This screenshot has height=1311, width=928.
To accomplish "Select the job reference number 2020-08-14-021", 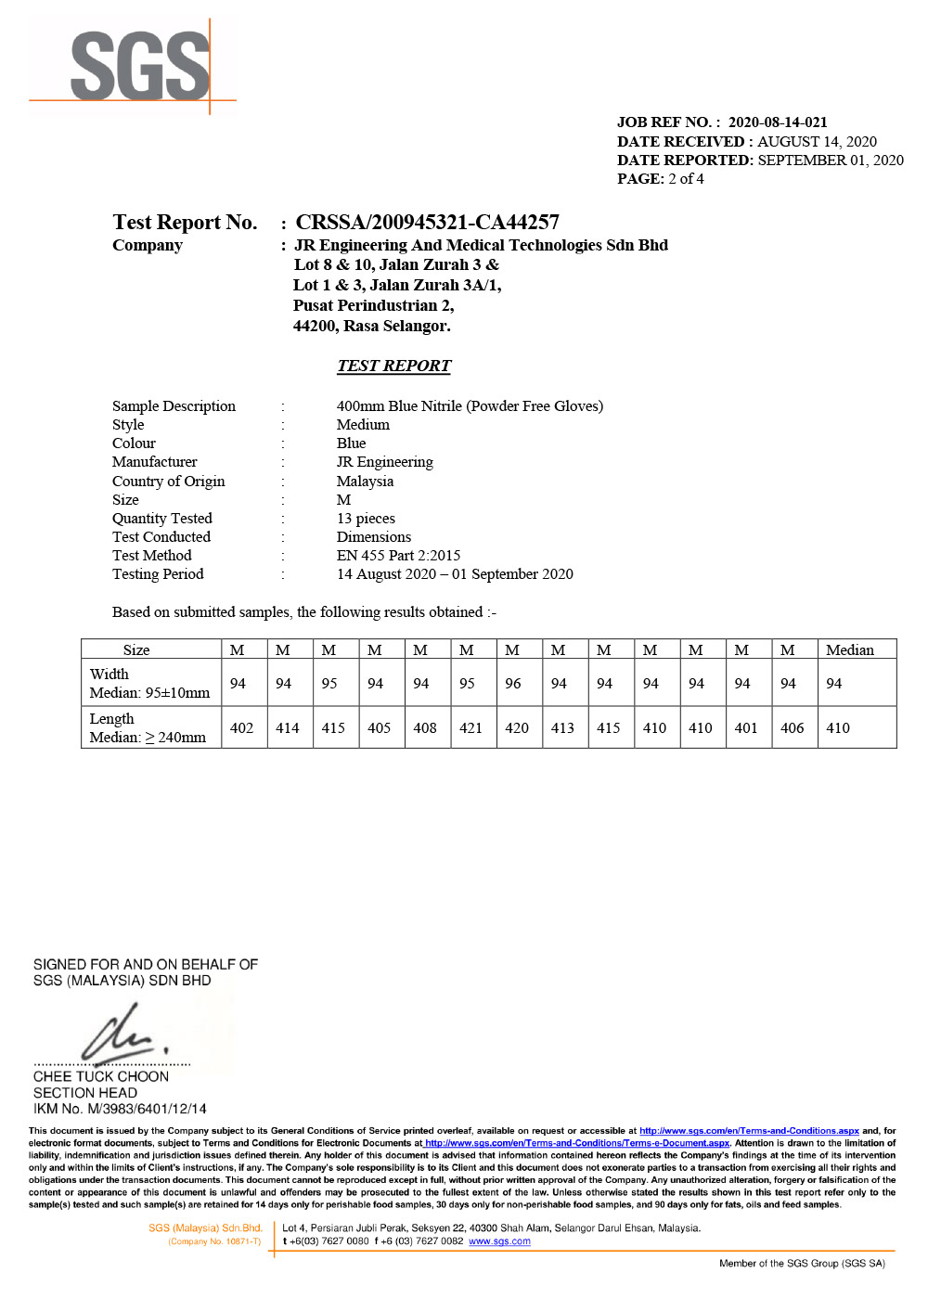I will pos(777,122).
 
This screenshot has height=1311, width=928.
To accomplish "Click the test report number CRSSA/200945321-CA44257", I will pos(427,223).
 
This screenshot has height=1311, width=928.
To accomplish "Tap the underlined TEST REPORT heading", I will pos(393,366).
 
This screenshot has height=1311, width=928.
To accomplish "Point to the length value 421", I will pos(470,728).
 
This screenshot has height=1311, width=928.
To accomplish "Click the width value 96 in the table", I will pos(513,684).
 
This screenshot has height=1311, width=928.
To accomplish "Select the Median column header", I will pos(849,650).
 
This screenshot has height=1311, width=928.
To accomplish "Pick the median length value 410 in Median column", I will pos(838,728).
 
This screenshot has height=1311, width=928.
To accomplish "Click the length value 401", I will pos(746,728).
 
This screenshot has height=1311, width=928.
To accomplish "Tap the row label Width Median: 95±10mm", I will pos(149,684).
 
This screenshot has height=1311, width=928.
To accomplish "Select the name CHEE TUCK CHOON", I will pos(101,1076).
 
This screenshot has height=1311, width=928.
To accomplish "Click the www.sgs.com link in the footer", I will pos(499,1241).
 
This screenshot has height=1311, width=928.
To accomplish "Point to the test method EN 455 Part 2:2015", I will pos(398,556).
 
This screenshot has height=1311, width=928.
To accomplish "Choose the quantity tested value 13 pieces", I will pos(366,519).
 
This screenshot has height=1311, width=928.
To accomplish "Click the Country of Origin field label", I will pos(168,482).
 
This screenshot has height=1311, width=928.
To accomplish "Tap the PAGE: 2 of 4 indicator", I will pos(660,179).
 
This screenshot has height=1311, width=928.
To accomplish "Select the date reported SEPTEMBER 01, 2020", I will pos(830,161).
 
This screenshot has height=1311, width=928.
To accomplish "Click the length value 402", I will pos(241,728).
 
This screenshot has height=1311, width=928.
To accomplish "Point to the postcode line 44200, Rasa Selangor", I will pos(371,327).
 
